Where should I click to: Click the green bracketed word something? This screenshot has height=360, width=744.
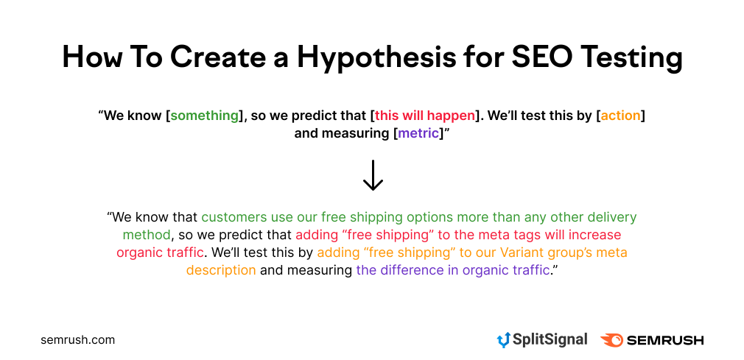[205, 116]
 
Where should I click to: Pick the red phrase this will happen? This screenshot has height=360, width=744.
[424, 116]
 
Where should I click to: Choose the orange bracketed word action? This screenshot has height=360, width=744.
[621, 116]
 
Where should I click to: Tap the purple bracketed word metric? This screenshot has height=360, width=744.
[418, 133]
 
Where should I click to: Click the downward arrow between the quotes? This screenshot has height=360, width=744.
[373, 175]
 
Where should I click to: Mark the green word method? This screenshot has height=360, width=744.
[147, 235]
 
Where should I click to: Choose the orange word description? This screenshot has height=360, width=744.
[221, 270]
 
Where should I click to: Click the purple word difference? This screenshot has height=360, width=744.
[417, 270]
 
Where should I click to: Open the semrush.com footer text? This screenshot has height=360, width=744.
[78, 340]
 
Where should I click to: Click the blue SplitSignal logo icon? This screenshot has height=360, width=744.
[502, 340]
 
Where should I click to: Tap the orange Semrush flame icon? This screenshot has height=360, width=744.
[611, 340]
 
